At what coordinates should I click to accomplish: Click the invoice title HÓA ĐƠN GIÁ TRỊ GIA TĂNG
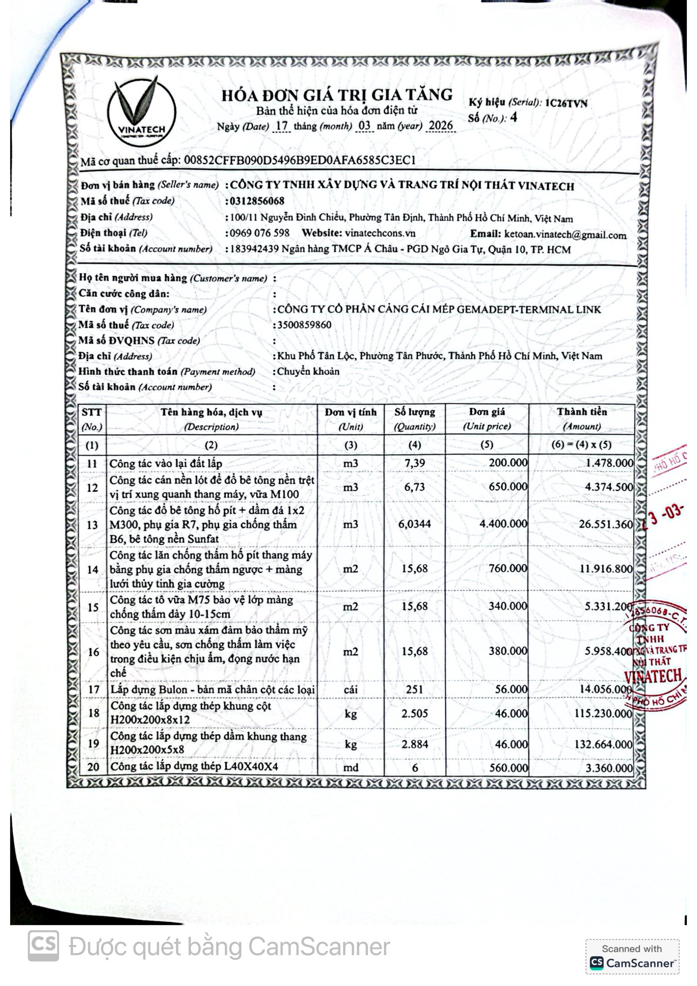click(x=337, y=95)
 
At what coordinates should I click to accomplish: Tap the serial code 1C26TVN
click(x=566, y=103)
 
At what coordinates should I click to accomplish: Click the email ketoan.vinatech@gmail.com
click(x=565, y=234)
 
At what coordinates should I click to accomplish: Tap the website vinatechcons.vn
click(x=380, y=233)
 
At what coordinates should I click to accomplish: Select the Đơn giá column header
click(x=487, y=419)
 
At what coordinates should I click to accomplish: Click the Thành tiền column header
click(x=582, y=419)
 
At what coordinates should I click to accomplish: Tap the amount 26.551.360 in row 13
click(x=605, y=524)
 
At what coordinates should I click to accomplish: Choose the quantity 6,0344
click(x=415, y=524)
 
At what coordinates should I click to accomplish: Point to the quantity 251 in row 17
click(x=415, y=689)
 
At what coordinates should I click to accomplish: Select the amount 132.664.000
click(x=603, y=744)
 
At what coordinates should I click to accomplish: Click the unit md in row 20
click(x=351, y=768)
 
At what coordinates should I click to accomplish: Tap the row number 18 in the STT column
click(x=94, y=713)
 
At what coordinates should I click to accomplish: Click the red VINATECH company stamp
click(x=655, y=655)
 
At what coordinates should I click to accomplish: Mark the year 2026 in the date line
click(x=441, y=126)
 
